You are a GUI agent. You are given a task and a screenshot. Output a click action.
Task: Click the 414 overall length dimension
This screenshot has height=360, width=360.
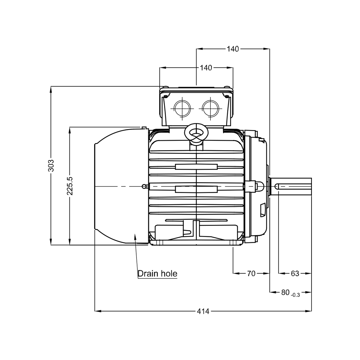coord(203,311)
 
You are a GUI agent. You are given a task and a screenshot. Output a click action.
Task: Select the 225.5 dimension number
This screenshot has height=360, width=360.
coord(69,186)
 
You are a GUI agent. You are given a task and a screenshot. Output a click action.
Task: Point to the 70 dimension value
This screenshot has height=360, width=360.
coord(251,273)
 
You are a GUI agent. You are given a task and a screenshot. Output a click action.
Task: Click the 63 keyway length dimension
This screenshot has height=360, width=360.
coord(295,273)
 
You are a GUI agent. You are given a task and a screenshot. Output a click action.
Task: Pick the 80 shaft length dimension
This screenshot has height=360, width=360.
coord(285,292)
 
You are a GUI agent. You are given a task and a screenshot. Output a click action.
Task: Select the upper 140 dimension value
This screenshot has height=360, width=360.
coord(233,49)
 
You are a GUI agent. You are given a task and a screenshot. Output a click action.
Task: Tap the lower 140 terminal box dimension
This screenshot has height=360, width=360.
coord(206,68)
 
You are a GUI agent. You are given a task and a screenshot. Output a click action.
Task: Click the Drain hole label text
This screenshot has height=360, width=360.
coord(157,274)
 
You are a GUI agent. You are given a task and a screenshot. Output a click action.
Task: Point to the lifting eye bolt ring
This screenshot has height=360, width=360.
coord(196,132)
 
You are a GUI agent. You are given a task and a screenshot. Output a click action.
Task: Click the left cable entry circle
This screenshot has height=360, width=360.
coord(182,108)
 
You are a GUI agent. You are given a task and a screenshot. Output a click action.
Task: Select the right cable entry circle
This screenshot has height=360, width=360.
coord(210,108)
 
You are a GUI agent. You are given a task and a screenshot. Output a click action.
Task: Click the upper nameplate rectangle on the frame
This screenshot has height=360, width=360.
coord(196,167)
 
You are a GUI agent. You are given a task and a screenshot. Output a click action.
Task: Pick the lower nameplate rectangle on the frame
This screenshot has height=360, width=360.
coord(196,189)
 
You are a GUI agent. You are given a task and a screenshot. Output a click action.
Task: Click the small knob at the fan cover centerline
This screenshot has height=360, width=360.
coord(144,187)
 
